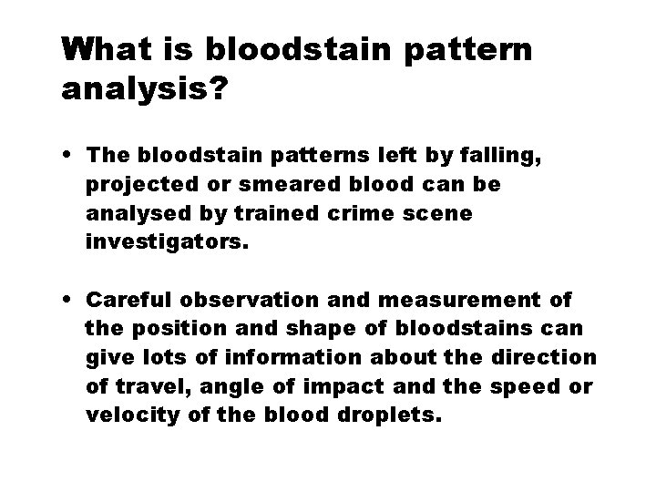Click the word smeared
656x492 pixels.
pyautogui.click(x=241, y=184)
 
